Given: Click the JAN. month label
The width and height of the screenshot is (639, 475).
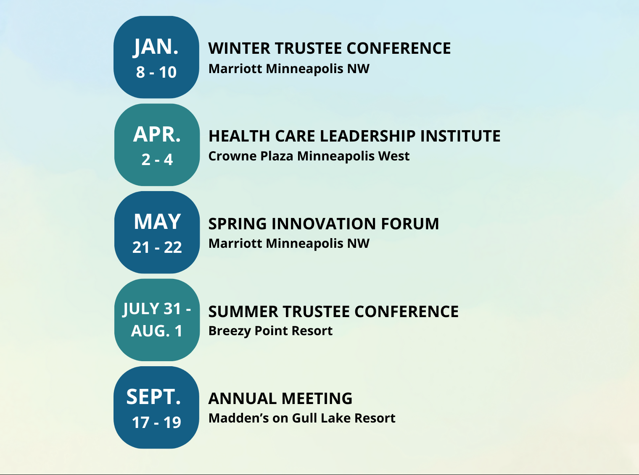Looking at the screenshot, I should coord(156,47).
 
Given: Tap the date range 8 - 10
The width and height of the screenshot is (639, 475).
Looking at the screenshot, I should coord(156,72).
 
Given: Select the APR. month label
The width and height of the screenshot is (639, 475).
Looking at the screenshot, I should coord(157,134).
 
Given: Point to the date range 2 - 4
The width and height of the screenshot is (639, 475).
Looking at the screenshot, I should coord(157,160).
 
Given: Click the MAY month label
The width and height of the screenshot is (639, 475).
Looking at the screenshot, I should coord(157,222).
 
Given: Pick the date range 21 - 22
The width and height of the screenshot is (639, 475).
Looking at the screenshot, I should coord(157,247).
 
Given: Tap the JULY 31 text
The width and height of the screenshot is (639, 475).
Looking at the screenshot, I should coord(152,309).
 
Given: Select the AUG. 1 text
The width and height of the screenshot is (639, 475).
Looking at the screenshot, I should coord(156,331).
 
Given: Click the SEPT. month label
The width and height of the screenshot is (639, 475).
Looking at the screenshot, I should coord(154,397).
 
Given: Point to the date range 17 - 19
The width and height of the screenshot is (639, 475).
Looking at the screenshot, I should coord(156,423).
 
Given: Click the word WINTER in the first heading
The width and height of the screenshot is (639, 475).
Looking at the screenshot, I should coord(239,48).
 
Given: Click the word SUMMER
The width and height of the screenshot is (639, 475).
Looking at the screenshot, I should coord(243,312).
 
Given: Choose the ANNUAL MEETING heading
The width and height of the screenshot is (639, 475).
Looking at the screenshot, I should coord(280,399).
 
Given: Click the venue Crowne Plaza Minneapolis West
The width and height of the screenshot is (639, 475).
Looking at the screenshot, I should coord(309,156).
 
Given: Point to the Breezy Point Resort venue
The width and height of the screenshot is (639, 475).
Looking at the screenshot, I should coord(270,331).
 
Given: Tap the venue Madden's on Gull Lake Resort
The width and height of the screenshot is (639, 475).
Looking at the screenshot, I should coord(302,418).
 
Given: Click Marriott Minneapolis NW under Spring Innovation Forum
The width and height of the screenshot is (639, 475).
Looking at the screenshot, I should coord(289,244).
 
